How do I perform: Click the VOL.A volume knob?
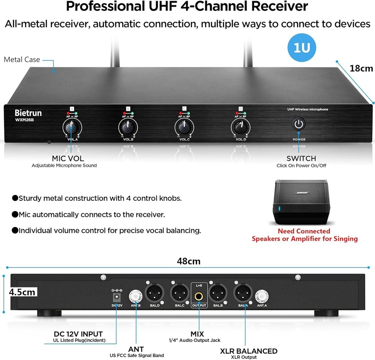[x=69, y=129]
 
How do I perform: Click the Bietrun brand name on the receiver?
[x=28, y=113]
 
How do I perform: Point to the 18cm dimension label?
[x=361, y=68]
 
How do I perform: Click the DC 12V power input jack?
[x=116, y=297]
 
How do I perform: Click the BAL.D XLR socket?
[x=155, y=292]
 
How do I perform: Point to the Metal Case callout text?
[x=22, y=59]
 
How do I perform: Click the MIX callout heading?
[x=197, y=333]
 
